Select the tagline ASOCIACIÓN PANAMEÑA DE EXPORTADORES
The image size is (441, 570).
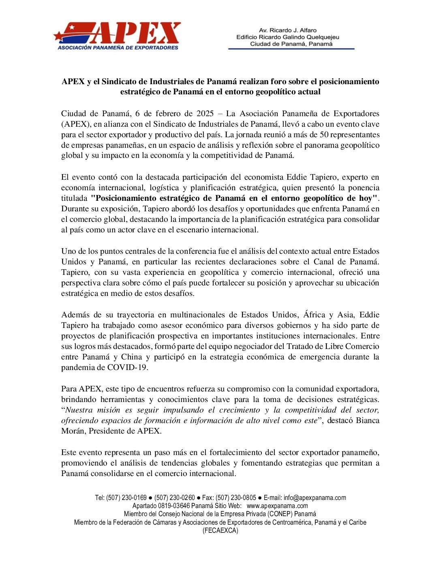click(x=118, y=48)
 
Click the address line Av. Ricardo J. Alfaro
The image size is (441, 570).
click(x=288, y=30)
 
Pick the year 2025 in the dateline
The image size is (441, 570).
click(x=205, y=114)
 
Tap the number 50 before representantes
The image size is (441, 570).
click(x=324, y=135)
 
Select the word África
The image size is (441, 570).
click(x=314, y=315)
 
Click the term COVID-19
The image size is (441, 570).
click(x=127, y=368)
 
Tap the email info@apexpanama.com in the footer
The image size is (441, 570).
click(x=315, y=498)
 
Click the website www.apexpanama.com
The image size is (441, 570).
click(x=277, y=506)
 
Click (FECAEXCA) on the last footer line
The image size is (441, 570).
click(x=220, y=531)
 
